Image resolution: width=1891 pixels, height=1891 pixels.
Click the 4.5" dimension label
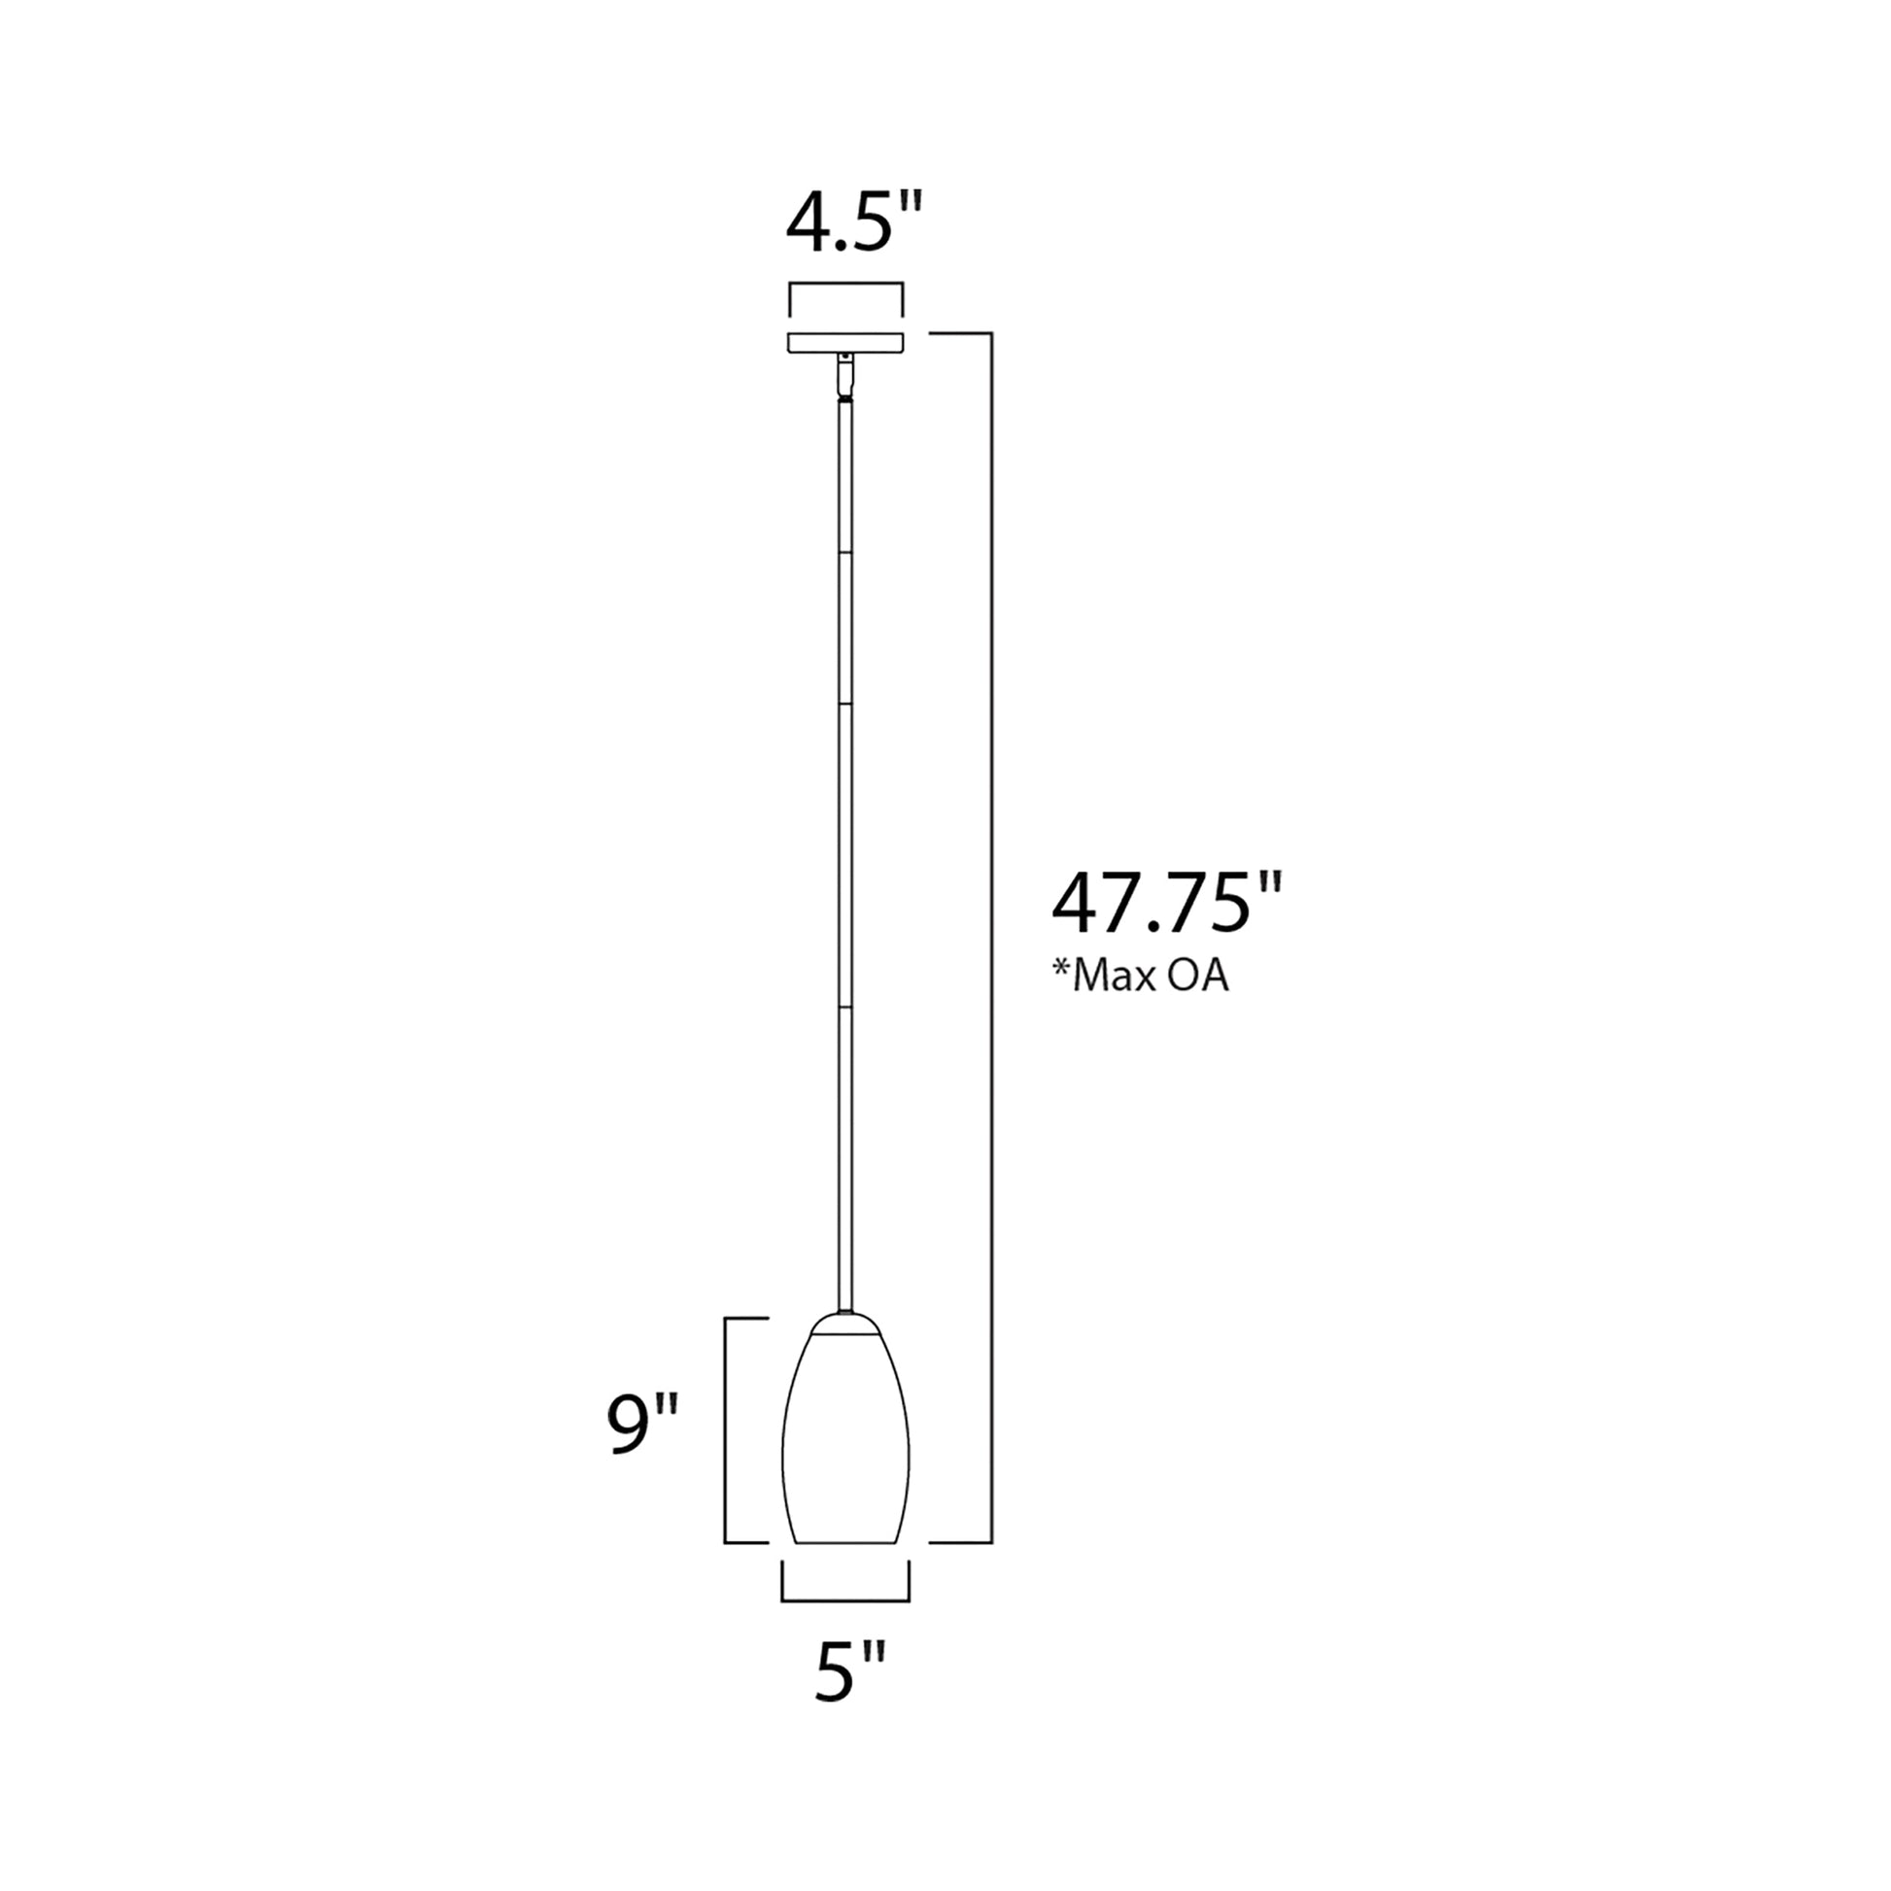point(854,225)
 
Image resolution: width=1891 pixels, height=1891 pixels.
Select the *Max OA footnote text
point(1140,976)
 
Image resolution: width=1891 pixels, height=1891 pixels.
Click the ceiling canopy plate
point(845,344)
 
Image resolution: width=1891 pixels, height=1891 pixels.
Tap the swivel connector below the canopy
point(844,377)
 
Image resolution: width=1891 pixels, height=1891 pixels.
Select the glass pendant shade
point(845,1449)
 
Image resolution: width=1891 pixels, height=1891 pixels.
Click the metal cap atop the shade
point(845,1324)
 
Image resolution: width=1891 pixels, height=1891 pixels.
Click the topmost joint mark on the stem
point(844,554)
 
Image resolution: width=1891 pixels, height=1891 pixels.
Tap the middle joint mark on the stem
point(844,703)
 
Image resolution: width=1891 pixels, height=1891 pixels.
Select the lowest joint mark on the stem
point(844,1005)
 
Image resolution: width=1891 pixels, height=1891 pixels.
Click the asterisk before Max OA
point(1061,969)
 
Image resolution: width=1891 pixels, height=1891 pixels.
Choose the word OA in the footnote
point(1199,977)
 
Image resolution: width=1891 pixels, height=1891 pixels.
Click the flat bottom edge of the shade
point(845,1542)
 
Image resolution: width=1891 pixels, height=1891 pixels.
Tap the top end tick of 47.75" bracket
point(959,333)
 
